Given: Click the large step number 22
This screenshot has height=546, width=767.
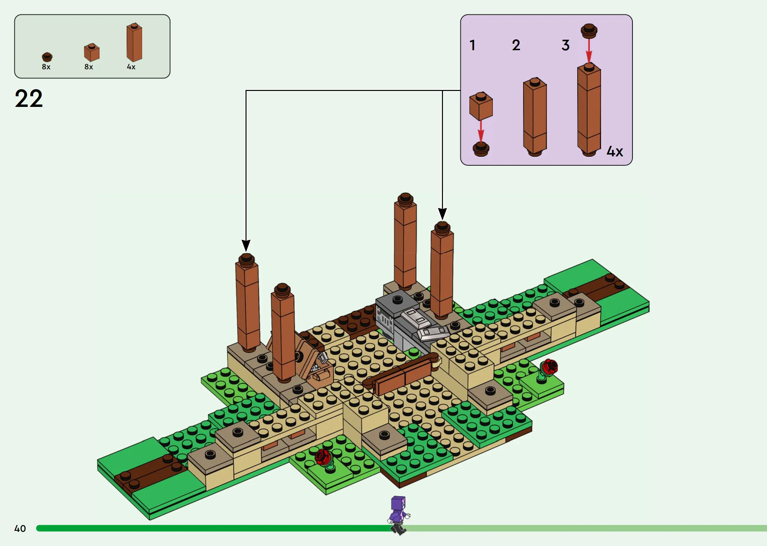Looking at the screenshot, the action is click(x=29, y=99).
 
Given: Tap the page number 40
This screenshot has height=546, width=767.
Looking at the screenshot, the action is click(x=20, y=529).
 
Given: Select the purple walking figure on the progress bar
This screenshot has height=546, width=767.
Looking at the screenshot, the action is click(x=398, y=515).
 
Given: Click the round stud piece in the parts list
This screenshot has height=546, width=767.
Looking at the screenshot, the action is click(x=47, y=57).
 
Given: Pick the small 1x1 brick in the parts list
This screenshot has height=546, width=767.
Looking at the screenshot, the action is click(x=92, y=52).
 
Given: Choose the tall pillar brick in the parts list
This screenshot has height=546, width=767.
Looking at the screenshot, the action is click(x=134, y=42).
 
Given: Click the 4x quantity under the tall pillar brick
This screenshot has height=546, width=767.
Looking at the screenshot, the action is click(x=131, y=67).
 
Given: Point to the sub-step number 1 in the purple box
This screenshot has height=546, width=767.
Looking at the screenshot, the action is click(x=472, y=45).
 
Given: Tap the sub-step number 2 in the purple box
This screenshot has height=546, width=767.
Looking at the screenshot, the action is click(x=516, y=45).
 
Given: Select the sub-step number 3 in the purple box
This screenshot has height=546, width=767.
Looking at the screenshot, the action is click(x=565, y=45).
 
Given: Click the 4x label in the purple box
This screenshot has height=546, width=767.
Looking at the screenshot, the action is click(x=615, y=151).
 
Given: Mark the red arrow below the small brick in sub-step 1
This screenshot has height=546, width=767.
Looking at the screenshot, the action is click(x=481, y=131).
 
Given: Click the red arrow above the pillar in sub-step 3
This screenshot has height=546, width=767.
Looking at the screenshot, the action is click(x=589, y=51).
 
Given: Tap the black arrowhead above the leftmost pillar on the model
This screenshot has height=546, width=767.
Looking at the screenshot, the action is click(x=246, y=246).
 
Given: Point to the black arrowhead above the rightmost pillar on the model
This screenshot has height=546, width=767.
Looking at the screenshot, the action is click(x=442, y=214).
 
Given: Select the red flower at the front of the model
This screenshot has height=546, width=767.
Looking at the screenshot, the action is click(x=323, y=458).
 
